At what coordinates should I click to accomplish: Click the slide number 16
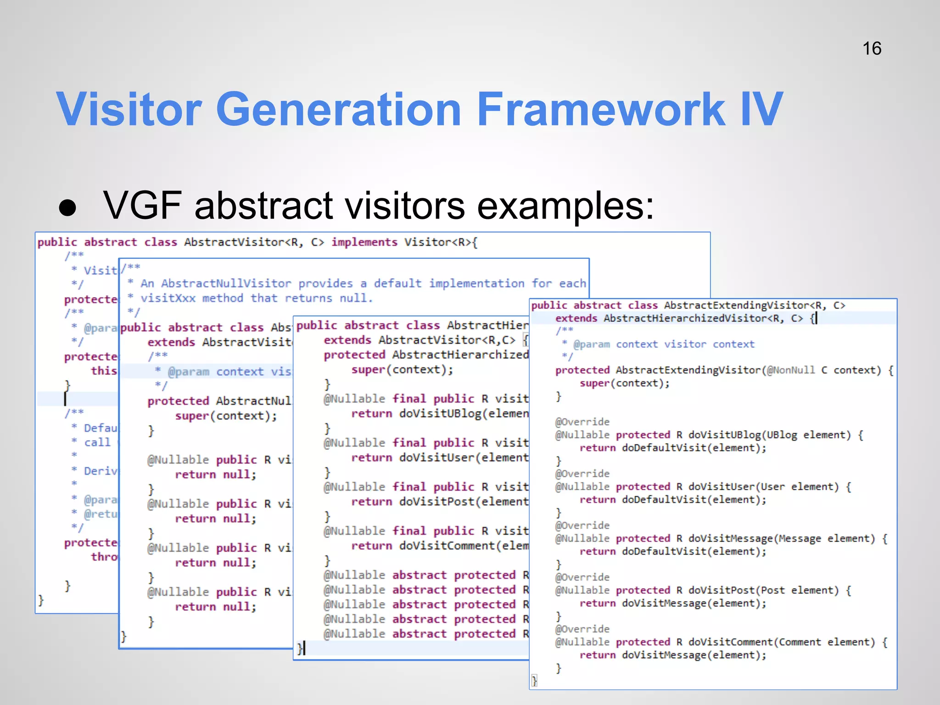pyautogui.click(x=871, y=49)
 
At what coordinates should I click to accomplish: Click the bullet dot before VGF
pyautogui.click(x=68, y=207)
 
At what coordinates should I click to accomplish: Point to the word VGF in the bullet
pyautogui.click(x=142, y=205)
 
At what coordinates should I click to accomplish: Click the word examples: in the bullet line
pyautogui.click(x=565, y=206)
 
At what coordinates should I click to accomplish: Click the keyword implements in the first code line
pyautogui.click(x=364, y=242)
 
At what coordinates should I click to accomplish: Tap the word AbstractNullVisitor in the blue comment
pyautogui.click(x=226, y=283)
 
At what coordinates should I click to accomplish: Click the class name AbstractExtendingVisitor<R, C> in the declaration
pyautogui.click(x=755, y=305)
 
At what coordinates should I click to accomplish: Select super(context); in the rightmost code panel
pyautogui.click(x=624, y=383)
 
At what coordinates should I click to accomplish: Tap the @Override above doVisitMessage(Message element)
pyautogui.click(x=582, y=525)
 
